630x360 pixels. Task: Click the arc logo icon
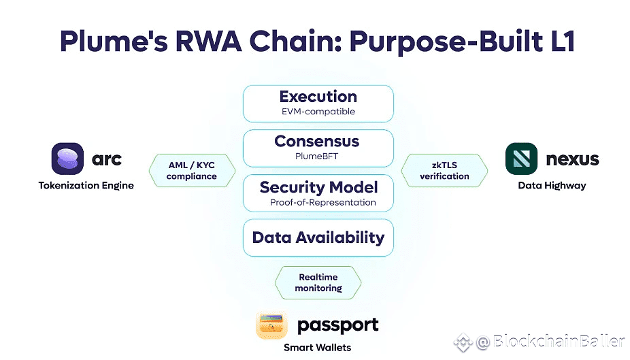click(67, 159)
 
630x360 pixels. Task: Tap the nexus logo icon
click(522, 159)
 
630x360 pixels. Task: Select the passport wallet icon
click(271, 325)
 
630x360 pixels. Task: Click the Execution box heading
click(318, 97)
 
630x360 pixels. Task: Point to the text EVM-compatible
click(318, 112)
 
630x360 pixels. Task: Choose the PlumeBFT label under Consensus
click(316, 156)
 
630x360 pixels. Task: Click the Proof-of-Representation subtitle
click(323, 202)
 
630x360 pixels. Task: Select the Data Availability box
click(318, 238)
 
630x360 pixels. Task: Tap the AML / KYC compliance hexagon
click(192, 170)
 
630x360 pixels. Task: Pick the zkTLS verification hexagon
click(444, 170)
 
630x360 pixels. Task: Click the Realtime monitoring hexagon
click(318, 282)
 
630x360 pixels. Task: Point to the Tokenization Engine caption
click(86, 186)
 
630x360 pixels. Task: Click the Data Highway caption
click(552, 186)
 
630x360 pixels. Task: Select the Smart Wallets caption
click(318, 348)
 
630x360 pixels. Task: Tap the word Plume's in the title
click(114, 42)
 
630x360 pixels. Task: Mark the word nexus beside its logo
click(573, 159)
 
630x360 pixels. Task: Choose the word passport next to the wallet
click(338, 325)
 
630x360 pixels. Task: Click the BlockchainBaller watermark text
click(559, 342)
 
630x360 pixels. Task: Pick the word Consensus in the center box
click(317, 141)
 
